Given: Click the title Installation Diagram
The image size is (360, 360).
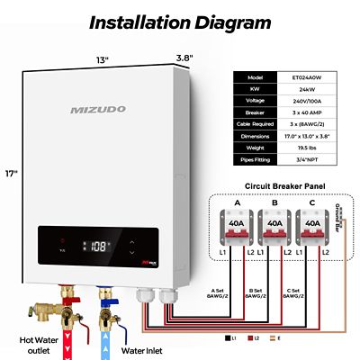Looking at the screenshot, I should (180, 21).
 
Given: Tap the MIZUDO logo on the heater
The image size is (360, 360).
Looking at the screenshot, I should (96, 110).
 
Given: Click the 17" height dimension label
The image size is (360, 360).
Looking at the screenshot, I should (11, 174).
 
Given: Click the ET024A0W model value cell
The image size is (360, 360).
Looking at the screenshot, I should (308, 78).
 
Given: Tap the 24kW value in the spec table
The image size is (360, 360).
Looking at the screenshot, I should (308, 90).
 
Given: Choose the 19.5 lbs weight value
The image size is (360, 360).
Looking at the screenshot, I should (308, 148).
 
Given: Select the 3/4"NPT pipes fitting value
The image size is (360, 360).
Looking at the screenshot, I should (308, 160).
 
